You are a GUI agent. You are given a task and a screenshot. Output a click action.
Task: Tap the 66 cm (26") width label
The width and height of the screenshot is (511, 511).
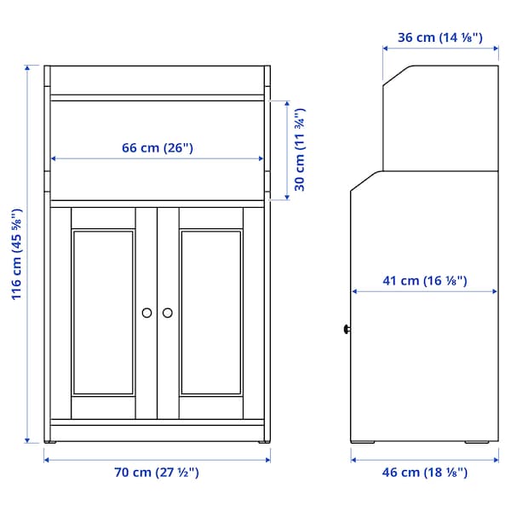158,147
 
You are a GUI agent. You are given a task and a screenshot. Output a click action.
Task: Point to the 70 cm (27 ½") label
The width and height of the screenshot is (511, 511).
158,473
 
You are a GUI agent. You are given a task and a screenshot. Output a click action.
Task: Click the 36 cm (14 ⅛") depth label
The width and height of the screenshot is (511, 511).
440,37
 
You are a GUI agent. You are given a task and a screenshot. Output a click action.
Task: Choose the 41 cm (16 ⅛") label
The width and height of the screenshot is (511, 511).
423,280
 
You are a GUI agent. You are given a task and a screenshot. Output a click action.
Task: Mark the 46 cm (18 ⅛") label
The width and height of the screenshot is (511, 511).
423,473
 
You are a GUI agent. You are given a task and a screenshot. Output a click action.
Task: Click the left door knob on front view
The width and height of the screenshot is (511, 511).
147,313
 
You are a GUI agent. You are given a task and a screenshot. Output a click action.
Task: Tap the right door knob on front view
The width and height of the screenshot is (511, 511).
168,313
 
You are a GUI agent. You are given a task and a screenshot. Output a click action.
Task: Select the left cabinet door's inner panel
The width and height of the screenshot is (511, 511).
103,313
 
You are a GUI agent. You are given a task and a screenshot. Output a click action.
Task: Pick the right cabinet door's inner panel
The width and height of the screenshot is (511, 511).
212,313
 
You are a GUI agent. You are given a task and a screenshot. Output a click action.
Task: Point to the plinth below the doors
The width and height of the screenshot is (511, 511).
158,430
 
